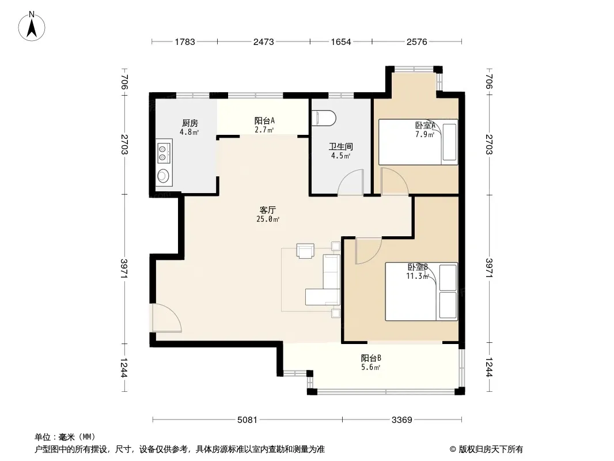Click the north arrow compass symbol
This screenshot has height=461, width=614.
(32, 27)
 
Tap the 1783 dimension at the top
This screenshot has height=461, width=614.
(185, 42)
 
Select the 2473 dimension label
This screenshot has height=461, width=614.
(264, 42)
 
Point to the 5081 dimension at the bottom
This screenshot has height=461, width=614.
(248, 420)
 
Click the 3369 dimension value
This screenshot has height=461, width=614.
(402, 420)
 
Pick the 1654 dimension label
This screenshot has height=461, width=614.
(341, 42)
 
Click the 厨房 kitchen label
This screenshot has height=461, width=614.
(190, 123)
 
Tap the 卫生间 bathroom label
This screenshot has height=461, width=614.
(340, 146)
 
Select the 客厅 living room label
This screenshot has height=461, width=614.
(268, 210)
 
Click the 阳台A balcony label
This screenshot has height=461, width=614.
(265, 120)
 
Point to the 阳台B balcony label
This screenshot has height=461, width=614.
(371, 358)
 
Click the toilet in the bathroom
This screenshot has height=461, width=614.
(324, 118)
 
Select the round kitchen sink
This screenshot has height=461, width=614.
(164, 177)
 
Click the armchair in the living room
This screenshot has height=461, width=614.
(305, 251)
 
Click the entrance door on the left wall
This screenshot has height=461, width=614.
(166, 318)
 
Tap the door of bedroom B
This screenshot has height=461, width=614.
(368, 250)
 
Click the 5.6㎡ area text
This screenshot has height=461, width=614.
(371, 368)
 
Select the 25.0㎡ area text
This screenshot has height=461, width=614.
(268, 220)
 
